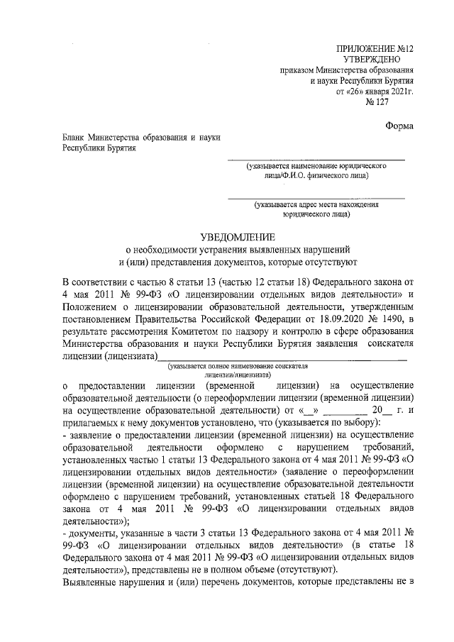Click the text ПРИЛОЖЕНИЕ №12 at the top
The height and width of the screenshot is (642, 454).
(377, 48)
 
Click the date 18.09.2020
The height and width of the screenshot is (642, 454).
(328, 306)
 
